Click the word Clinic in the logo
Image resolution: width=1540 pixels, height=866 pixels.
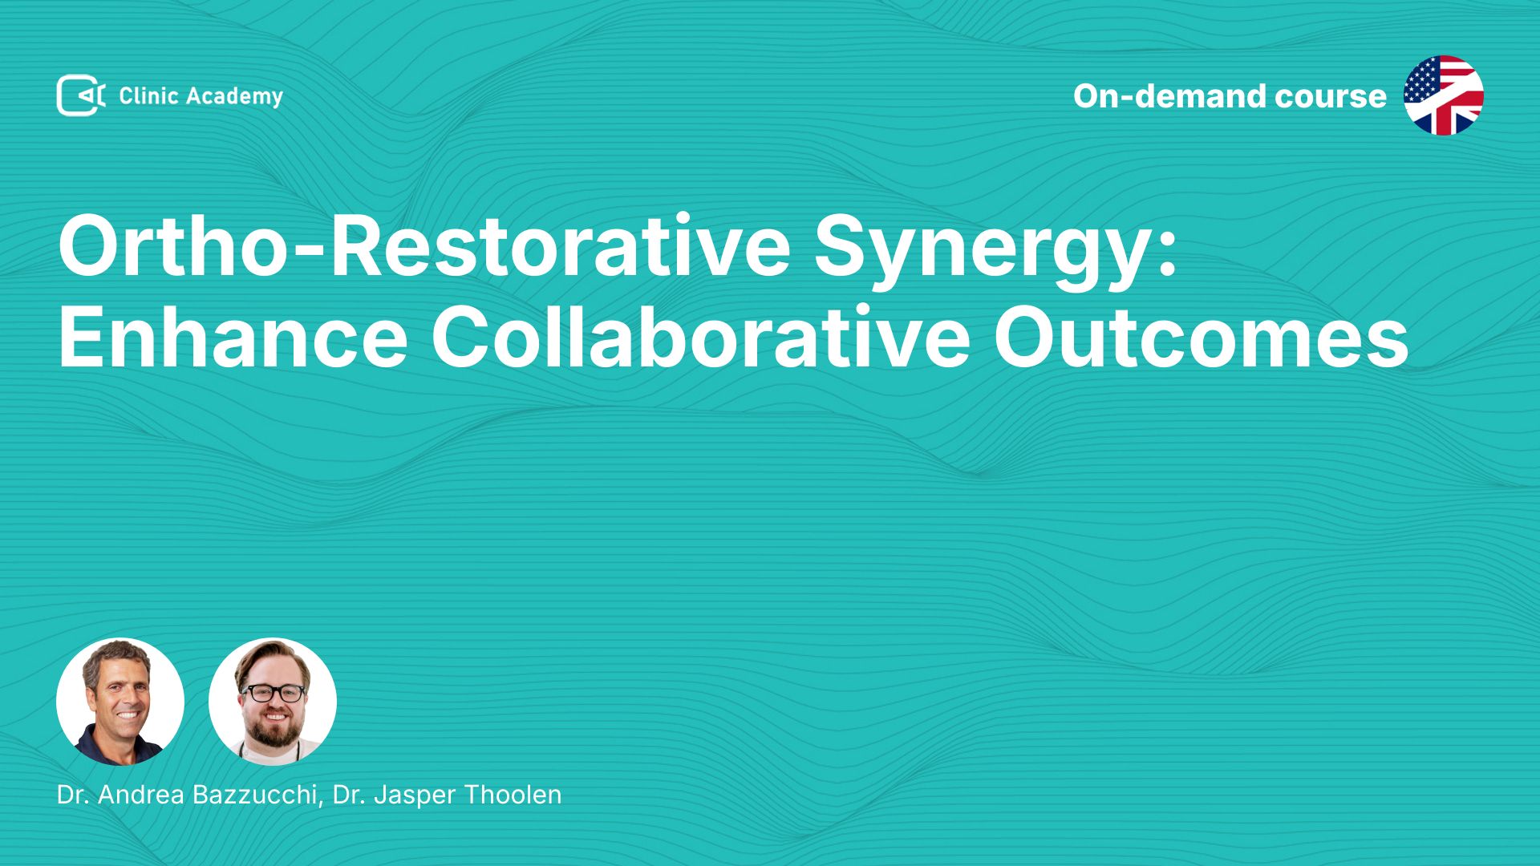pyautogui.click(x=148, y=96)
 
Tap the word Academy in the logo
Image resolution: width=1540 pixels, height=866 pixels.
pyautogui.click(x=234, y=97)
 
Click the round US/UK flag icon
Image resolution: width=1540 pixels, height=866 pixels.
pyautogui.click(x=1443, y=95)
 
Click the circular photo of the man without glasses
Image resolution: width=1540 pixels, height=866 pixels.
pyautogui.click(x=120, y=702)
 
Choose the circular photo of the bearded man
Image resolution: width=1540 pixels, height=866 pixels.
pyautogui.click(x=273, y=702)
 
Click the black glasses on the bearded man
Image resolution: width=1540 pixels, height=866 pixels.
pyautogui.click(x=274, y=693)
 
